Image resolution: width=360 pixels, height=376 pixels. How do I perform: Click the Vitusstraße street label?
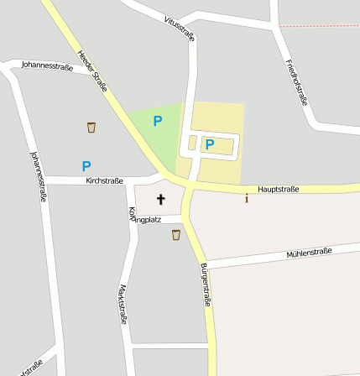pyautogui.click(x=180, y=28)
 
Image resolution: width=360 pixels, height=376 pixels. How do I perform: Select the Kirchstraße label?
pyautogui.click(x=105, y=180)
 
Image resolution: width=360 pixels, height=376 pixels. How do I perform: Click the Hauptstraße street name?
pyautogui.click(x=279, y=190)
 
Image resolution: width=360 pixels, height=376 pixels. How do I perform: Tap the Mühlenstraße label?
pyautogui.click(x=309, y=252)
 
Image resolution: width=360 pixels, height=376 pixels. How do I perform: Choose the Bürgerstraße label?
pyautogui.click(x=206, y=285)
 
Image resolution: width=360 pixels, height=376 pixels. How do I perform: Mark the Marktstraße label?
pyautogui.click(x=123, y=304)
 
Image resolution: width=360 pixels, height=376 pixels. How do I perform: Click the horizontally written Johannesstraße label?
pyautogui.click(x=46, y=64)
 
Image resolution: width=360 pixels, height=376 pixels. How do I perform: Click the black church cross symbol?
pyautogui.click(x=160, y=200)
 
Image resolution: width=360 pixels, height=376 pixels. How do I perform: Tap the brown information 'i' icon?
pyautogui.click(x=246, y=199)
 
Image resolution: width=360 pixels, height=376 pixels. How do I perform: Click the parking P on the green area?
pyautogui.click(x=157, y=121)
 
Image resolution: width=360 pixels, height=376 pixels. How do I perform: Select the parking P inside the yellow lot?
pyautogui.click(x=210, y=144)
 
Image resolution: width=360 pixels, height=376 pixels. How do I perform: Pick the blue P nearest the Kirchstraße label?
pyautogui.click(x=86, y=166)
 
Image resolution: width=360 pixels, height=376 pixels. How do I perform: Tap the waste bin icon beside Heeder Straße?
pyautogui.click(x=91, y=128)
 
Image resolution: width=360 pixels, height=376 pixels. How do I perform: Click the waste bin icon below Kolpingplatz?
pyautogui.click(x=176, y=235)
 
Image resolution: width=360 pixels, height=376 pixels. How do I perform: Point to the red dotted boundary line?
pyautogui.click(x=319, y=26)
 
